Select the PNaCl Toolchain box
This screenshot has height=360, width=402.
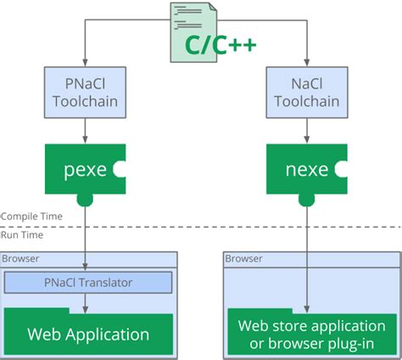click(84, 93)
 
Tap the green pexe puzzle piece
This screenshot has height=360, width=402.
click(84, 168)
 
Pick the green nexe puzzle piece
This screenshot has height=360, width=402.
click(305, 168)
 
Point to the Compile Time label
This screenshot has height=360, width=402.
click(31, 217)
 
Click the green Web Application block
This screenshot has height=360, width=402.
click(88, 334)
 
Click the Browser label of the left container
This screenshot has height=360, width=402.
click(19, 259)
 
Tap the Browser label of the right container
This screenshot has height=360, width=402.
click(243, 259)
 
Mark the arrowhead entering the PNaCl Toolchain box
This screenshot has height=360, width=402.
click(84, 65)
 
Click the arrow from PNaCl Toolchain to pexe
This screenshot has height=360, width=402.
click(84, 131)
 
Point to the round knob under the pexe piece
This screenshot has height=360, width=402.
click(84, 199)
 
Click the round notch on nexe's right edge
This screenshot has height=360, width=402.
click(342, 169)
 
